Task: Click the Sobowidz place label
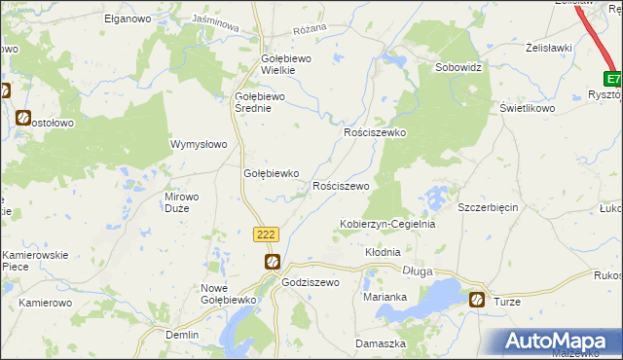458,69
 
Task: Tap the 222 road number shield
267,234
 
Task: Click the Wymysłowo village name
199,144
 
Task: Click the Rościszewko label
375,132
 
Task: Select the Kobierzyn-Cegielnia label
386,224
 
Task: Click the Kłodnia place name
383,252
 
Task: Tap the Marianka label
384,297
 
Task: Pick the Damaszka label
380,344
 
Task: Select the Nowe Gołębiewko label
227,295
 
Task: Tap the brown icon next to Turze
477,300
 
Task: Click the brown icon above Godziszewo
274,261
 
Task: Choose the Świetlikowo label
528,109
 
